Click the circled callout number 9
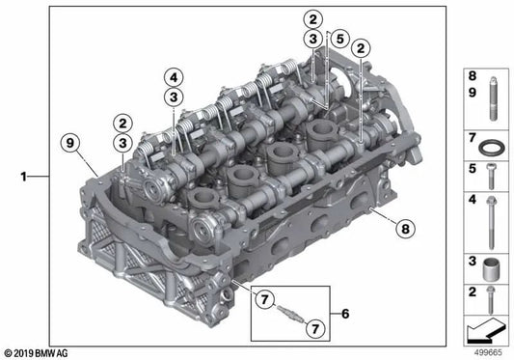70,144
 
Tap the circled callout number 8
405,229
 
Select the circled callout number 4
174,78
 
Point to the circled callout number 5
340,39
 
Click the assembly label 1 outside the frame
23,177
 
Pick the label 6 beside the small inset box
345,314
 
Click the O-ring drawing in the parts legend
491,148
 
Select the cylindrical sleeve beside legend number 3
491,269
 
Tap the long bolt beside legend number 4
491,223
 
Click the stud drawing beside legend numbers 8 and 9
493,98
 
